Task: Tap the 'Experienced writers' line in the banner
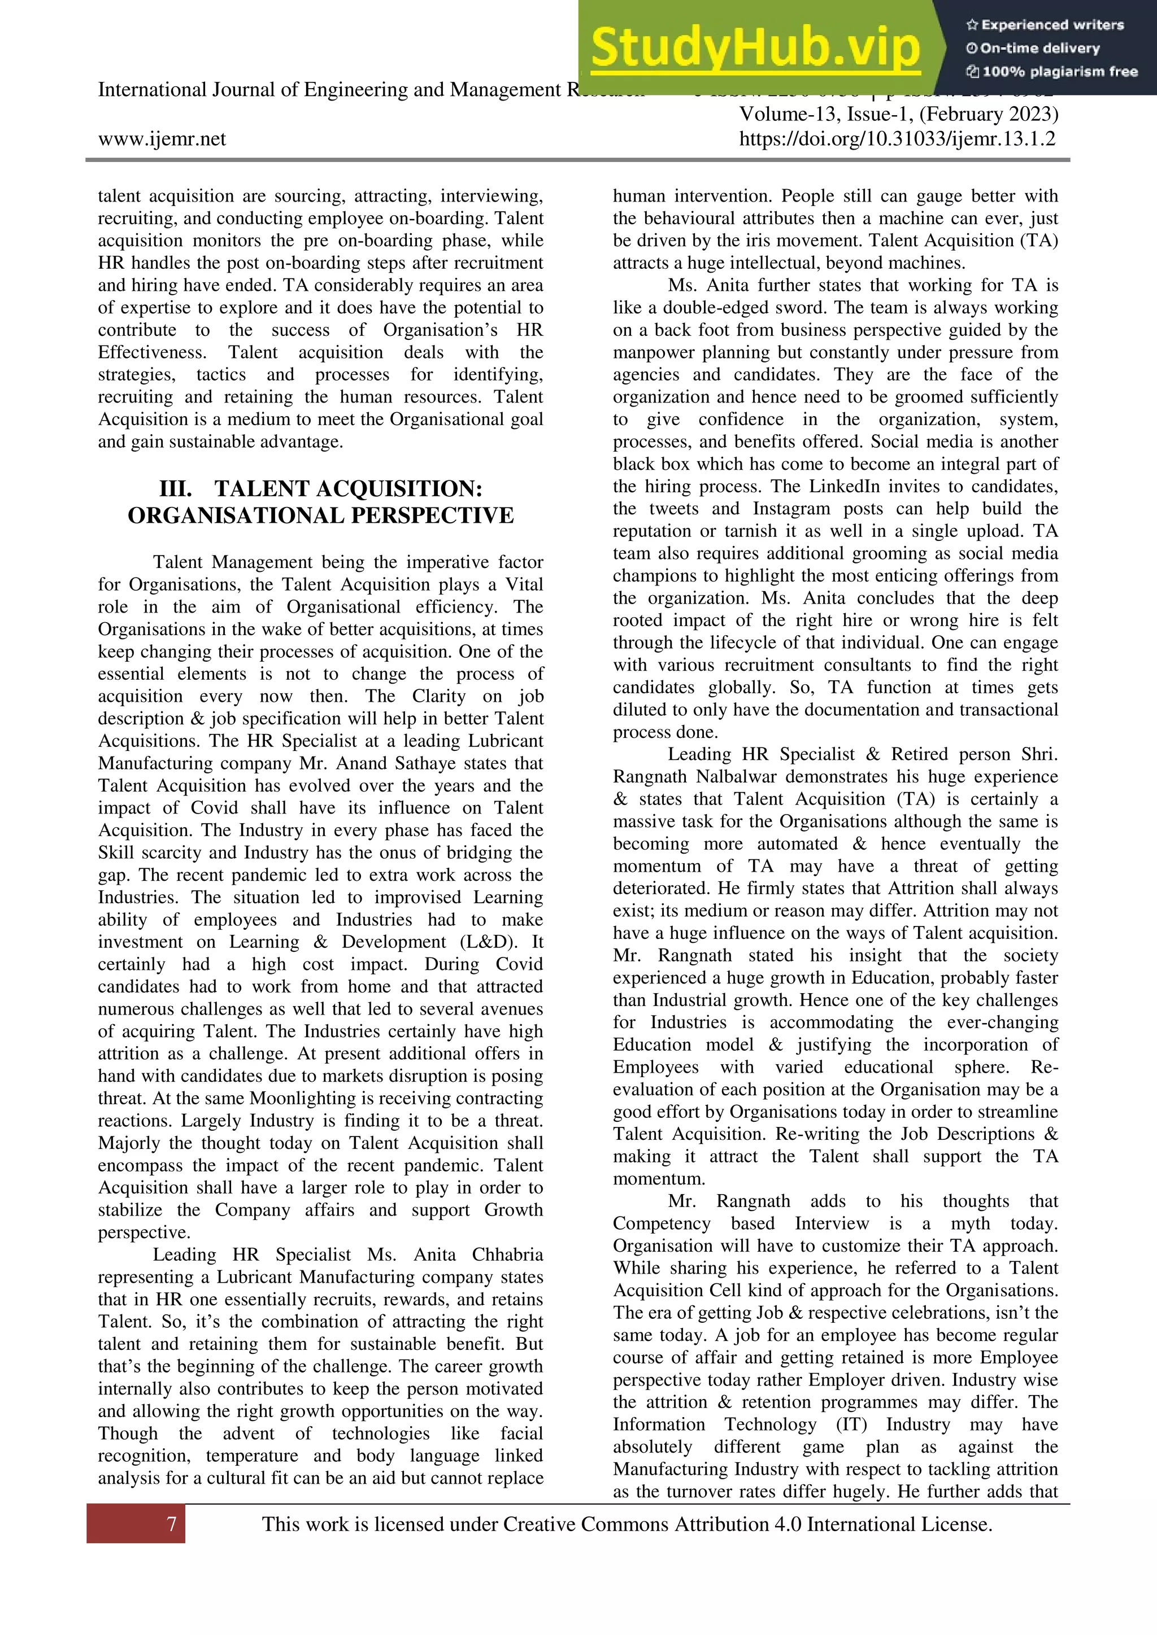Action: pyautogui.click(x=1046, y=25)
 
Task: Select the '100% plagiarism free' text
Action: pyautogui.click(x=1053, y=71)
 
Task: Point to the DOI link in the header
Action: pyautogui.click(x=897, y=139)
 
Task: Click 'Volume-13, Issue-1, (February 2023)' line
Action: pyautogui.click(x=898, y=114)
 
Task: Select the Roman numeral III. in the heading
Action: pyautogui.click(x=175, y=489)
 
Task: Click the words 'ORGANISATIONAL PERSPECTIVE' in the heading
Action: pyautogui.click(x=320, y=515)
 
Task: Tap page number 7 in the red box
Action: pyautogui.click(x=172, y=1524)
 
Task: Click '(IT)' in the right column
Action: pyautogui.click(x=851, y=1425)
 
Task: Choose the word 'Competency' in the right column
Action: pyautogui.click(x=661, y=1223)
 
